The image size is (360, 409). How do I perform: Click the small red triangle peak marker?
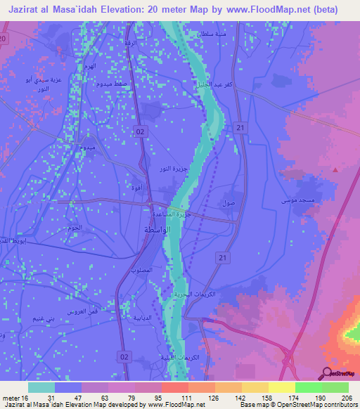335,169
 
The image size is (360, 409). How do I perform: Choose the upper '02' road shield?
141,131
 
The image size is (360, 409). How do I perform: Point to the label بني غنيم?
43,318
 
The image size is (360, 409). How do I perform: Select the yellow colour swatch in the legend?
281,387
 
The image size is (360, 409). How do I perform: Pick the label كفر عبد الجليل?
210,85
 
